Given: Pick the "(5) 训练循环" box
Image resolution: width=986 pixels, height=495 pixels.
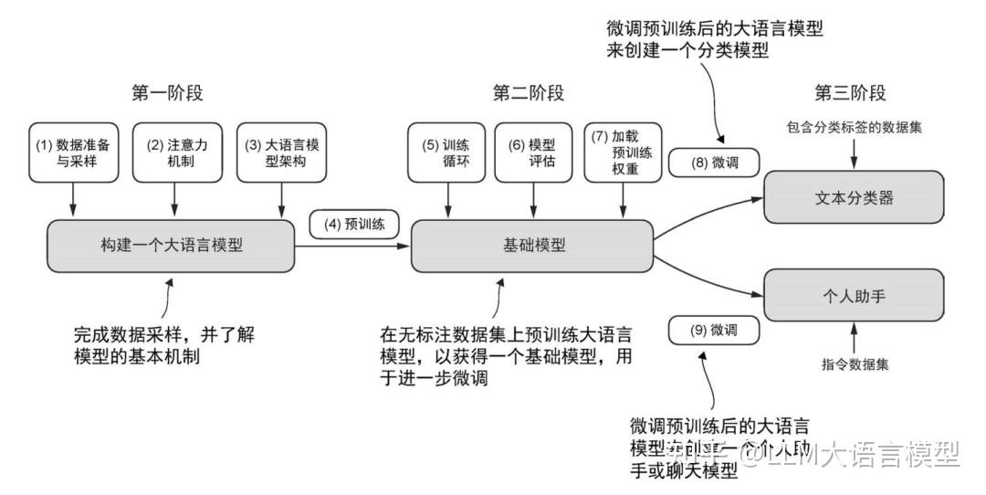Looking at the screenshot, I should click(447, 153).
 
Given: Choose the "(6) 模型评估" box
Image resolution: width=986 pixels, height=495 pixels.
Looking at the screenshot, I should click(533, 153).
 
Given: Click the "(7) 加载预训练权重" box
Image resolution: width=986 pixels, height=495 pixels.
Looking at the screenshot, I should click(622, 152).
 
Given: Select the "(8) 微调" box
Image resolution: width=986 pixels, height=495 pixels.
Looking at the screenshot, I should click(715, 163).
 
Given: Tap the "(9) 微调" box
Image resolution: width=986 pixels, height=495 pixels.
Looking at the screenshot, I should click(715, 331).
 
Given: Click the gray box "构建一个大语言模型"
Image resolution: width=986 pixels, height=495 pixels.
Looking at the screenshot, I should click(172, 246).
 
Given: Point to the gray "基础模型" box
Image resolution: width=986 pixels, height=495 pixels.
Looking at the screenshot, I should click(532, 246).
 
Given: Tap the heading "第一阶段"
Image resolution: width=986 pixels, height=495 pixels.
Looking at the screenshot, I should click(169, 93).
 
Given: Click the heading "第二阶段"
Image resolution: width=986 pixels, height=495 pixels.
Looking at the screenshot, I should click(530, 93).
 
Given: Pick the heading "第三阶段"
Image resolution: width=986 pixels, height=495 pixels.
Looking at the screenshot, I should click(851, 93).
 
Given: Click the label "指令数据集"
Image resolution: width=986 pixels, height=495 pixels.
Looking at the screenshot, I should click(855, 363).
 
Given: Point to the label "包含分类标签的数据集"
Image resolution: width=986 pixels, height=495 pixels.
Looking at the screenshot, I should click(854, 128).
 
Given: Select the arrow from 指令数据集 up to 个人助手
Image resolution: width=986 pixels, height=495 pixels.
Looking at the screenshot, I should click(855, 338).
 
